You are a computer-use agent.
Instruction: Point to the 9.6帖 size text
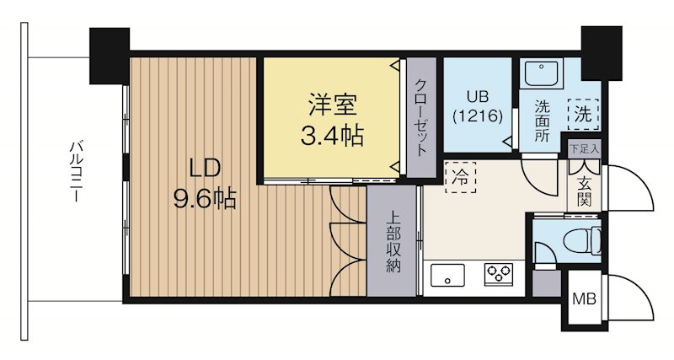tap(205, 198)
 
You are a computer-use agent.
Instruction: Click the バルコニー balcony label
tap(74, 172)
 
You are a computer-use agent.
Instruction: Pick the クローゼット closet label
tap(420, 118)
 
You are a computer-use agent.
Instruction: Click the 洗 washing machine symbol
tap(583, 112)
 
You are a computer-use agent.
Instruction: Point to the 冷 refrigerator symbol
tap(460, 178)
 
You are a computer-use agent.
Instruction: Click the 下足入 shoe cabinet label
tap(583, 149)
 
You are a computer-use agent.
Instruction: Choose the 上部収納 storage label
tap(393, 239)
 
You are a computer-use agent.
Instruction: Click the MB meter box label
tap(583, 298)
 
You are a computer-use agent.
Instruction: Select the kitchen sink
tap(447, 275)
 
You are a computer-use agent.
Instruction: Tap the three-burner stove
tap(498, 274)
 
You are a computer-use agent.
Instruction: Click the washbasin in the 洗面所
tap(542, 74)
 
